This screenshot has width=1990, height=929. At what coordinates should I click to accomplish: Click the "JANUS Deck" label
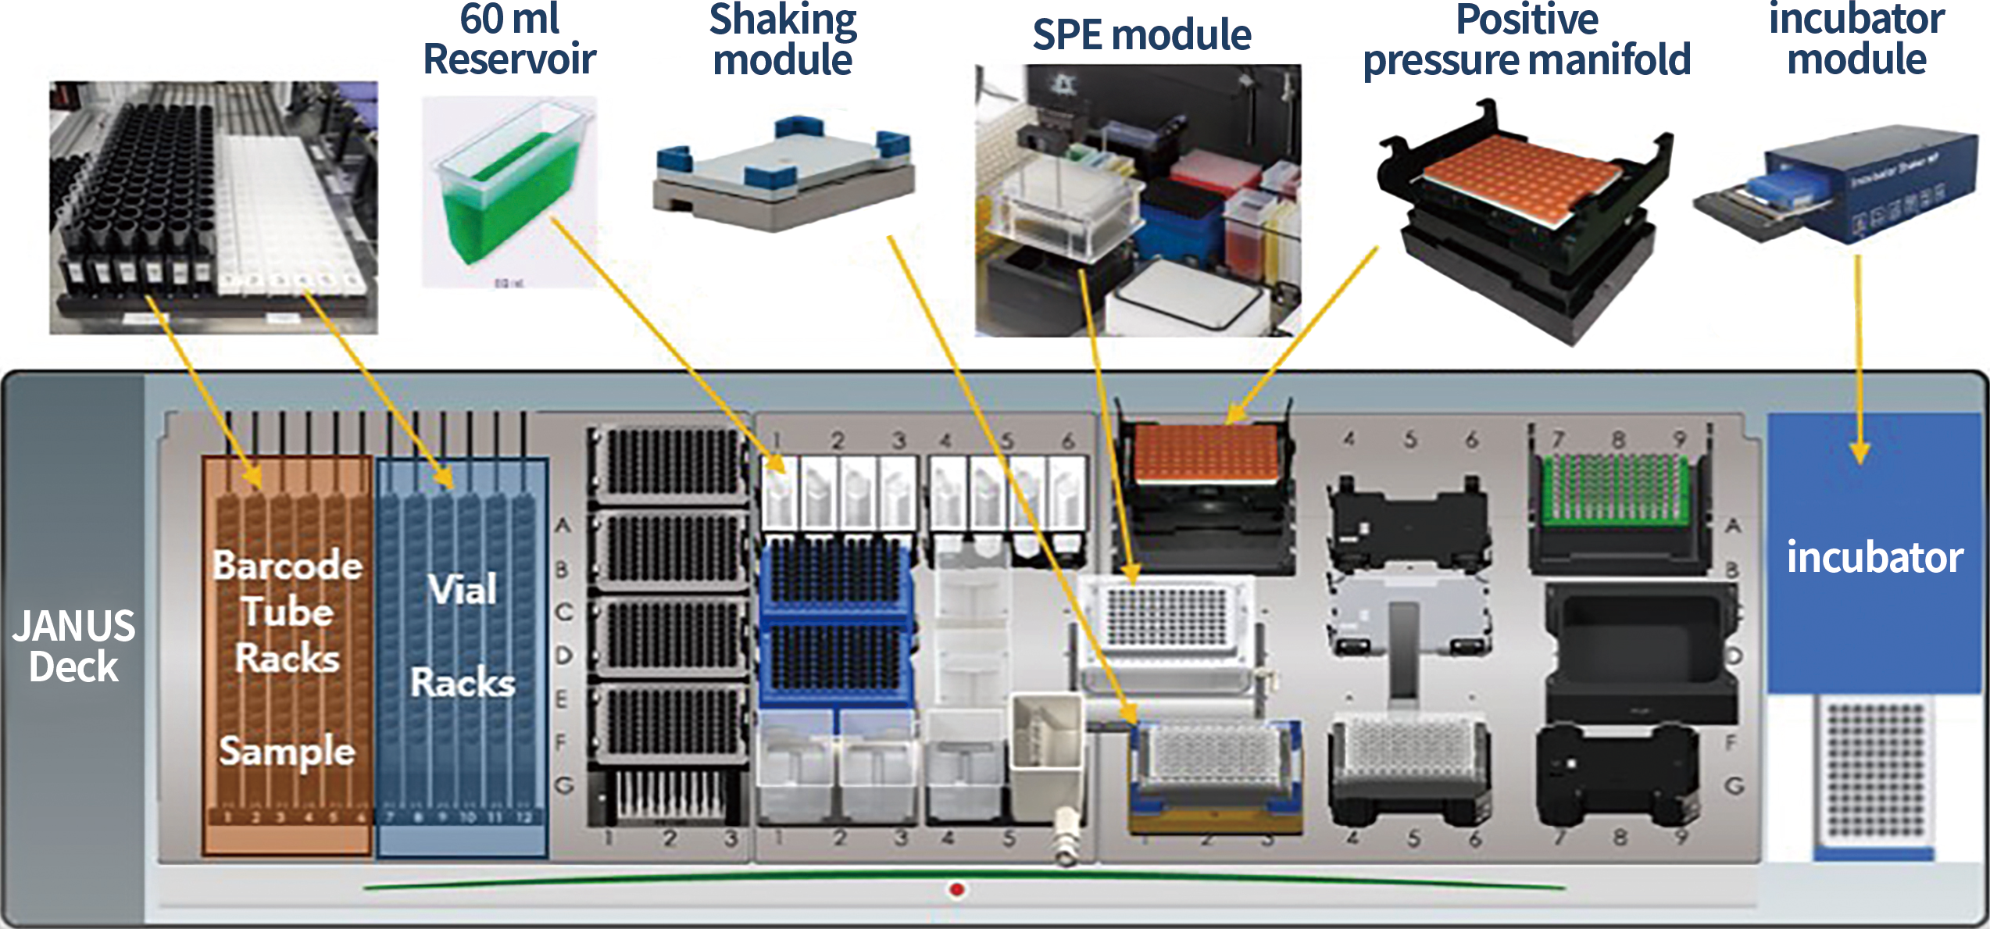pyautogui.click(x=73, y=646)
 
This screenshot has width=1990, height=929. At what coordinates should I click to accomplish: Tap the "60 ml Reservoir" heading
pyautogui.click(x=509, y=39)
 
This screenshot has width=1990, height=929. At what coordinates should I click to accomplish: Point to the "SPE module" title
pyautogui.click(x=1141, y=34)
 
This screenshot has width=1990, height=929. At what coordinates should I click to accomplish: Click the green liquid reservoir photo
pyautogui.click(x=508, y=191)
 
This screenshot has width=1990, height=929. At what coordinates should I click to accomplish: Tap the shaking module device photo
pyautogui.click(x=784, y=176)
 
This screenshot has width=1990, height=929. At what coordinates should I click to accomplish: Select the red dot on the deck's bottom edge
pyautogui.click(x=957, y=889)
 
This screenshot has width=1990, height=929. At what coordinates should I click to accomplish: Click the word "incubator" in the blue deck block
pyautogui.click(x=1874, y=557)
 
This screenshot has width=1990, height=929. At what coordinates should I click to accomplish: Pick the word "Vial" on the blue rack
pyautogui.click(x=463, y=589)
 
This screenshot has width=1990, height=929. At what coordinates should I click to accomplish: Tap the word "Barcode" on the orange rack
pyautogui.click(x=288, y=565)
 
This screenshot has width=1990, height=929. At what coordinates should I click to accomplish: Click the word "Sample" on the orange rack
pyautogui.click(x=287, y=751)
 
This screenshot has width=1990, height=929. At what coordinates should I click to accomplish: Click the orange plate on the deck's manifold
pyautogui.click(x=1206, y=452)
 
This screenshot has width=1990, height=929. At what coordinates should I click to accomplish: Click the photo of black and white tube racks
pyautogui.click(x=213, y=207)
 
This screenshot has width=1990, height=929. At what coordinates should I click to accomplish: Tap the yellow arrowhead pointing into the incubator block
pyautogui.click(x=1860, y=452)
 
